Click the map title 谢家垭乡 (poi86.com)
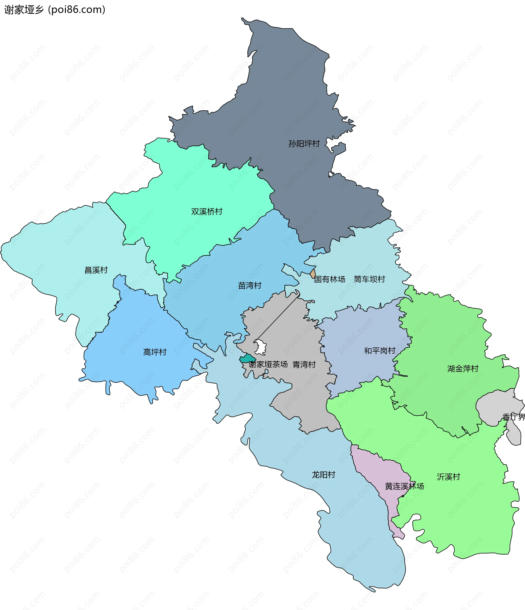[x=55, y=10]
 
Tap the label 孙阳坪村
[x=304, y=144]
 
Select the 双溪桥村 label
[x=206, y=212]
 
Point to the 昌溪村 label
[x=96, y=270]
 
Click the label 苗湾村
[x=250, y=285]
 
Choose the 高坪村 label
[x=155, y=352]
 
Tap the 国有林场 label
[x=329, y=279]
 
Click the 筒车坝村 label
[x=369, y=279]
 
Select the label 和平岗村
[x=380, y=351]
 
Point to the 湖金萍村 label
[x=463, y=369]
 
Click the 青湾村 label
[x=304, y=365]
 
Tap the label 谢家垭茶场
[x=268, y=364]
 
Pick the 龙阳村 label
[x=323, y=475]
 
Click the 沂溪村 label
[x=448, y=477]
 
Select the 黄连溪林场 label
[x=404, y=486]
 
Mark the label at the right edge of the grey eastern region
[x=514, y=417]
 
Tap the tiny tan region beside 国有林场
[x=313, y=274]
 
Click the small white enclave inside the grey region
[x=260, y=347]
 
